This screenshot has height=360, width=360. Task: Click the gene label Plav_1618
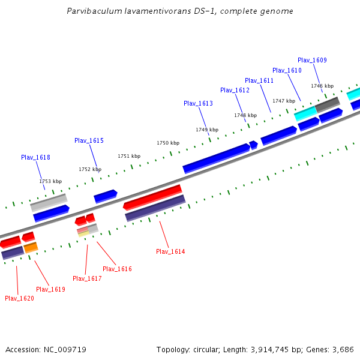pos(35,157)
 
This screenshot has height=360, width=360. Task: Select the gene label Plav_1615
pos(89,140)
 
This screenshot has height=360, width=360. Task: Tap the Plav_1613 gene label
pos(198,103)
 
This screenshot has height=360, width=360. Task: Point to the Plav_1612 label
pos(235,90)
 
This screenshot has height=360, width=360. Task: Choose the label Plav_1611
pos(259,80)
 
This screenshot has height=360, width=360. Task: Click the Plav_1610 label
pos(287,70)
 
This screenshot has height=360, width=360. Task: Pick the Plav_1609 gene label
pos(312,60)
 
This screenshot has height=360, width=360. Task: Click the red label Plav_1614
pos(170,251)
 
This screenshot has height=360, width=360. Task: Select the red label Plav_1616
pos(117,269)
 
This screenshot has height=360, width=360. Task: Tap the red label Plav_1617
pos(87,278)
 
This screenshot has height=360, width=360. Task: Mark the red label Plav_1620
pos(19,298)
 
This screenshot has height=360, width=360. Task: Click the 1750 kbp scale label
pos(168,143)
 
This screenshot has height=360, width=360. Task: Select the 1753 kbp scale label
pos(50,181)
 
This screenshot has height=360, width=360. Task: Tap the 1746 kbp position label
pos(322,86)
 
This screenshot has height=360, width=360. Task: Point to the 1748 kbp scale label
pos(245,115)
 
